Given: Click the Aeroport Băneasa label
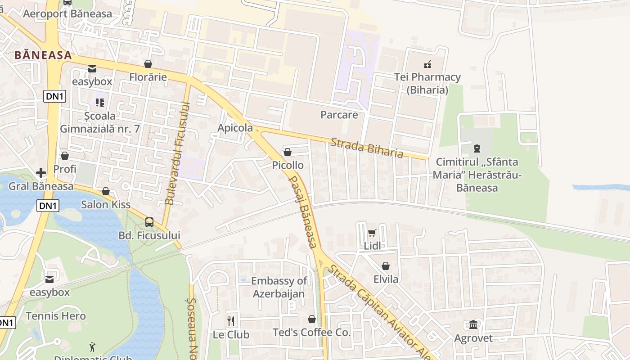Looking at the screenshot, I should point(67,13).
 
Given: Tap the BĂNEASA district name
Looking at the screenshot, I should point(43,55).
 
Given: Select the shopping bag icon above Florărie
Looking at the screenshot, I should point(148,64).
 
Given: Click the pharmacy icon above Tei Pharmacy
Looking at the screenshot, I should point(427,64).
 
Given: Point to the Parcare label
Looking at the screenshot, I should point(339,115).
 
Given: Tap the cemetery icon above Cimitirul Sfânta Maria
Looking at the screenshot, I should point(477,148).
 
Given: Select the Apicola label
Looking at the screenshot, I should point(235,128).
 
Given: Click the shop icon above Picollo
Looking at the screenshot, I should point(288,153).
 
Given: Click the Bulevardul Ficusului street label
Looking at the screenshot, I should point(179,153).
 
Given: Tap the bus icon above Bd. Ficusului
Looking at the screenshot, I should point(149,222).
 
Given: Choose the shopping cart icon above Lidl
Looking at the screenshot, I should point(372,233).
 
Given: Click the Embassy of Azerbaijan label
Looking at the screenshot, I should point(279,287).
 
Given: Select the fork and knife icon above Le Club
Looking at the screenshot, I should point(231,321).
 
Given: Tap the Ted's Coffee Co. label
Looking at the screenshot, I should point(311,333).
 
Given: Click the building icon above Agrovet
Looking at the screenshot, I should point(473,324).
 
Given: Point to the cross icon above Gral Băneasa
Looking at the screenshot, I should point(41,173).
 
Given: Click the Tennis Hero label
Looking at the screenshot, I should point(56,316).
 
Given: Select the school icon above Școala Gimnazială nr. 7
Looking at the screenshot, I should point(100,103).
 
